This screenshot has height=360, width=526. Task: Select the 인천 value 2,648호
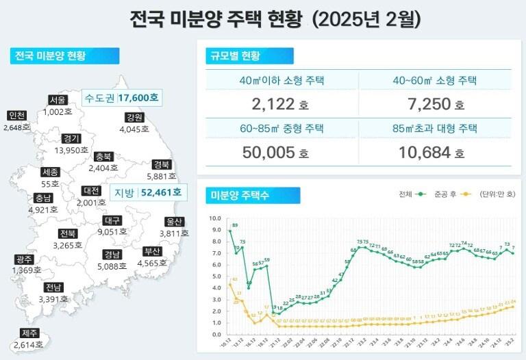pos(16,127)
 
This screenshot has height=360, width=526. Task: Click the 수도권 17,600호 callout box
pos(121,99)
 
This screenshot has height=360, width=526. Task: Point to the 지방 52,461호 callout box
pos(149,193)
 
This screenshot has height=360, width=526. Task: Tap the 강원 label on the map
pos(134,117)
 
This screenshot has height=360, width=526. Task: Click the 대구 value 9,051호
pos(112,232)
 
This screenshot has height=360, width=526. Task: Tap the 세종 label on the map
pos(50,172)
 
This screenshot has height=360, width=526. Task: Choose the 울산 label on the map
pos(175,222)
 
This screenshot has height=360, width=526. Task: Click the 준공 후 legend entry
pos(440,194)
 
